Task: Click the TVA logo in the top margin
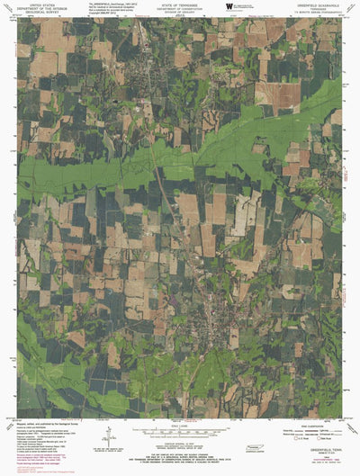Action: pos(230,7)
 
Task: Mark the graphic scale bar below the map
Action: pos(180,433)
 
